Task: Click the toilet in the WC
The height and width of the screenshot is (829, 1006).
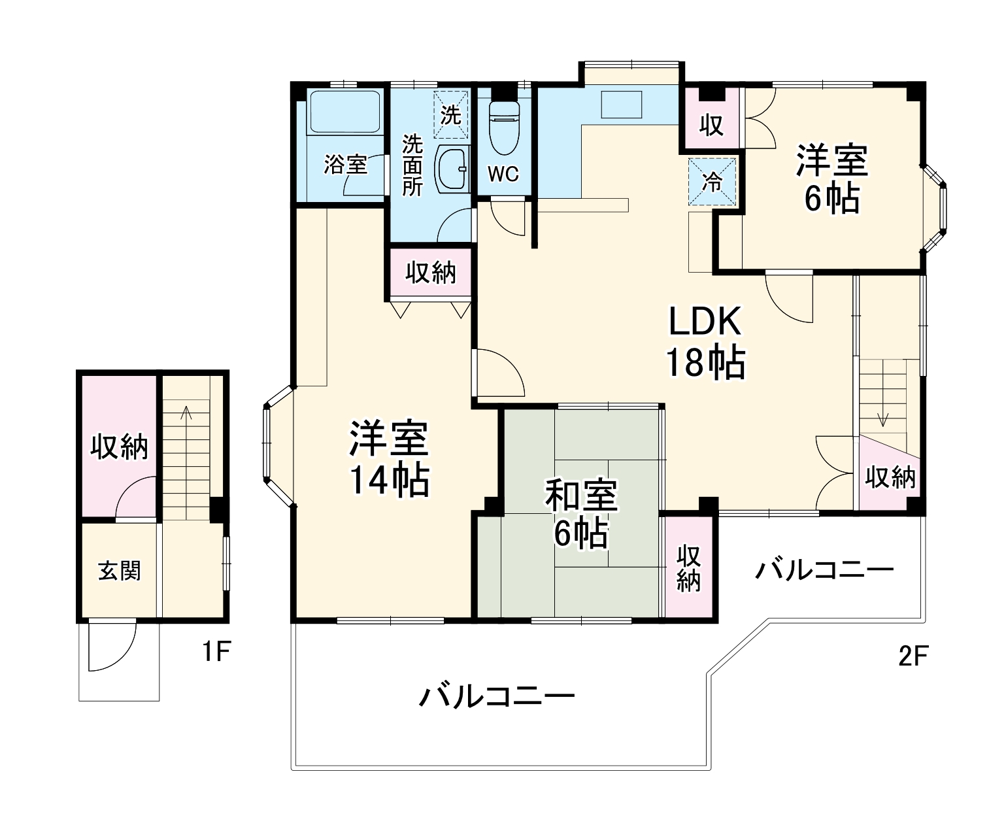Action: pos(504,127)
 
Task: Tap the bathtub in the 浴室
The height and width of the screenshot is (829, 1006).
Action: pos(345,112)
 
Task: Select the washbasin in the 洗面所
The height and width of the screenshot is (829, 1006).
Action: pos(452,169)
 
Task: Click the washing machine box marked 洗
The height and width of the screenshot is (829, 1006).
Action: pos(451,114)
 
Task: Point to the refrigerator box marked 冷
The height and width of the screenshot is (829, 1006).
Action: pos(712,182)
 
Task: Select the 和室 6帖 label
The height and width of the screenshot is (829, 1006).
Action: pos(581,514)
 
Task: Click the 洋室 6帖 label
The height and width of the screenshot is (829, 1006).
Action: pos(831,179)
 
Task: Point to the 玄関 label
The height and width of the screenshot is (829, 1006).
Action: pos(119,571)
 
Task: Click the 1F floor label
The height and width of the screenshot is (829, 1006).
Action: pos(217,652)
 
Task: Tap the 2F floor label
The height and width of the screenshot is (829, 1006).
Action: pos(913,656)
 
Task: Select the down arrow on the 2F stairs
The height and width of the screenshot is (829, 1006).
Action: pos(882,394)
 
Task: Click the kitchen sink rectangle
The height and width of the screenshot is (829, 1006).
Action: pos(622,104)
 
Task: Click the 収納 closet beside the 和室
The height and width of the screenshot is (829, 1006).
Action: pos(688,567)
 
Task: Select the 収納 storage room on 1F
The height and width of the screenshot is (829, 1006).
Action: pos(119,446)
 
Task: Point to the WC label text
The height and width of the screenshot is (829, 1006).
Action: pos(503,174)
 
